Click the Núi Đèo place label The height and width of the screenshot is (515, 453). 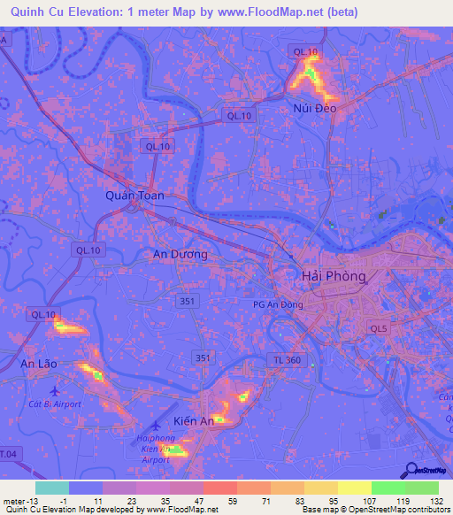pos(316,108)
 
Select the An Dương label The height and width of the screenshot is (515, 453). pos(180,254)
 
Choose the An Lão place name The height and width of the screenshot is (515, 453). pos(39,364)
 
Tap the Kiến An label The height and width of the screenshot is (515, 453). pos(194,421)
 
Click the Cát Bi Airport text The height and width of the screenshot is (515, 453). pos(55,404)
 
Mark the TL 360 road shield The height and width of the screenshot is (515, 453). pos(284,359)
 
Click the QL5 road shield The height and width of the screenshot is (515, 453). pos(380,329)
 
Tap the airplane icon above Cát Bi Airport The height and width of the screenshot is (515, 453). pos(55,389)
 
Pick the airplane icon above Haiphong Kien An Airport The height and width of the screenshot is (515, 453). pos(159,426)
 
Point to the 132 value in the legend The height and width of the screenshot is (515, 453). pos(434,502)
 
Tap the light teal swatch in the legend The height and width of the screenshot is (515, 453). pos(51,488)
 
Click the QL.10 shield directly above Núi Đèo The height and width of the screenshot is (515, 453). pos(304,52)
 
